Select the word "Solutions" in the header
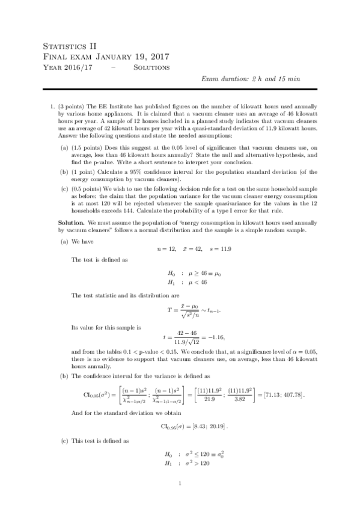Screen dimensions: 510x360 [x=151, y=67]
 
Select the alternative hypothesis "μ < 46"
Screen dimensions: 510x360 [x=196, y=281]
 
